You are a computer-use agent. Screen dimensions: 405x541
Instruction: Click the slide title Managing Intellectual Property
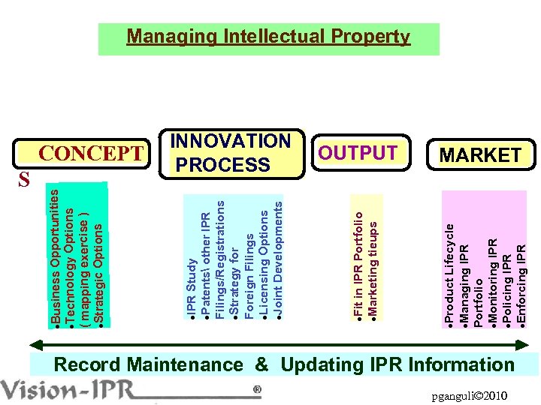pyautogui.click(x=268, y=36)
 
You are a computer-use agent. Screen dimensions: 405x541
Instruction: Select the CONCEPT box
pyautogui.click(x=90, y=153)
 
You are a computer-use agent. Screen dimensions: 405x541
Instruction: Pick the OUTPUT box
pyautogui.click(x=358, y=153)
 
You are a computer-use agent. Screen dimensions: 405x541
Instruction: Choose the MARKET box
pyautogui.click(x=480, y=155)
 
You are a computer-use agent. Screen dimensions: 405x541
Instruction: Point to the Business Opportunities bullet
pyautogui.click(x=56, y=255)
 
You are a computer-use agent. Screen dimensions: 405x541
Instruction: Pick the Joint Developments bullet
pyautogui.click(x=277, y=259)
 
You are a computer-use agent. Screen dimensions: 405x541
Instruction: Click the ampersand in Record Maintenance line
pyautogui.click(x=261, y=365)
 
